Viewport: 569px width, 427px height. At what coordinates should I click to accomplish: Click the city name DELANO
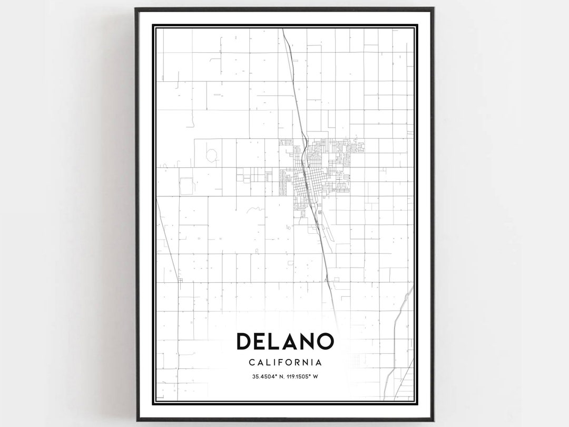click(285, 341)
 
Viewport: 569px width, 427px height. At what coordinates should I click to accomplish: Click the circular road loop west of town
click(212, 155)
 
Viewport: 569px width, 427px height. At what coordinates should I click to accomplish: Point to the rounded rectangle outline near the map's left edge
click(187, 186)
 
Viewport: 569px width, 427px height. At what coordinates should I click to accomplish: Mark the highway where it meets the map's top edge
click(283, 30)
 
